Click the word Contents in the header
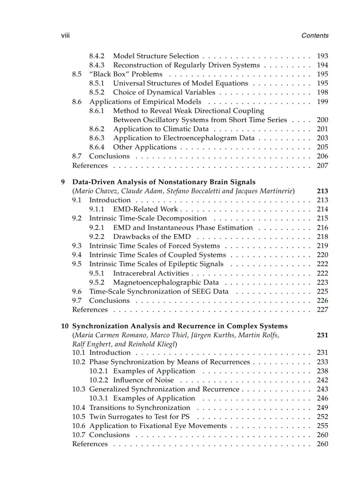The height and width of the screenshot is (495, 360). click(315, 36)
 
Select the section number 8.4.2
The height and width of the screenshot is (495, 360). click(97, 56)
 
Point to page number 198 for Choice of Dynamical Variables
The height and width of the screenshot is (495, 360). click(322, 93)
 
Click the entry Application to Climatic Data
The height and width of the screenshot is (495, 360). click(161, 129)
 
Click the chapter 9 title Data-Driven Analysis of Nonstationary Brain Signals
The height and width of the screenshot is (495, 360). click(164, 182)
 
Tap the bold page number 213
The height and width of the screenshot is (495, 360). click(322, 191)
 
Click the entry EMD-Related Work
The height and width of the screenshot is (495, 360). click(145, 209)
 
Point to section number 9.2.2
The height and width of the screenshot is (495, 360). click(97, 237)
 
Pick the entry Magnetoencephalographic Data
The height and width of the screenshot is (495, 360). click(166, 283)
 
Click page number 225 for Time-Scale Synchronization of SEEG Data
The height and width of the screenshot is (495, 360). click(322, 291)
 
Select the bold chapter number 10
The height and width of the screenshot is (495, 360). click(64, 326)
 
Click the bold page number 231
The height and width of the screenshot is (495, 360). click(322, 335)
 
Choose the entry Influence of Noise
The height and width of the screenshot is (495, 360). click(143, 380)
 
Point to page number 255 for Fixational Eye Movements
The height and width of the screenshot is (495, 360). click(322, 426)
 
